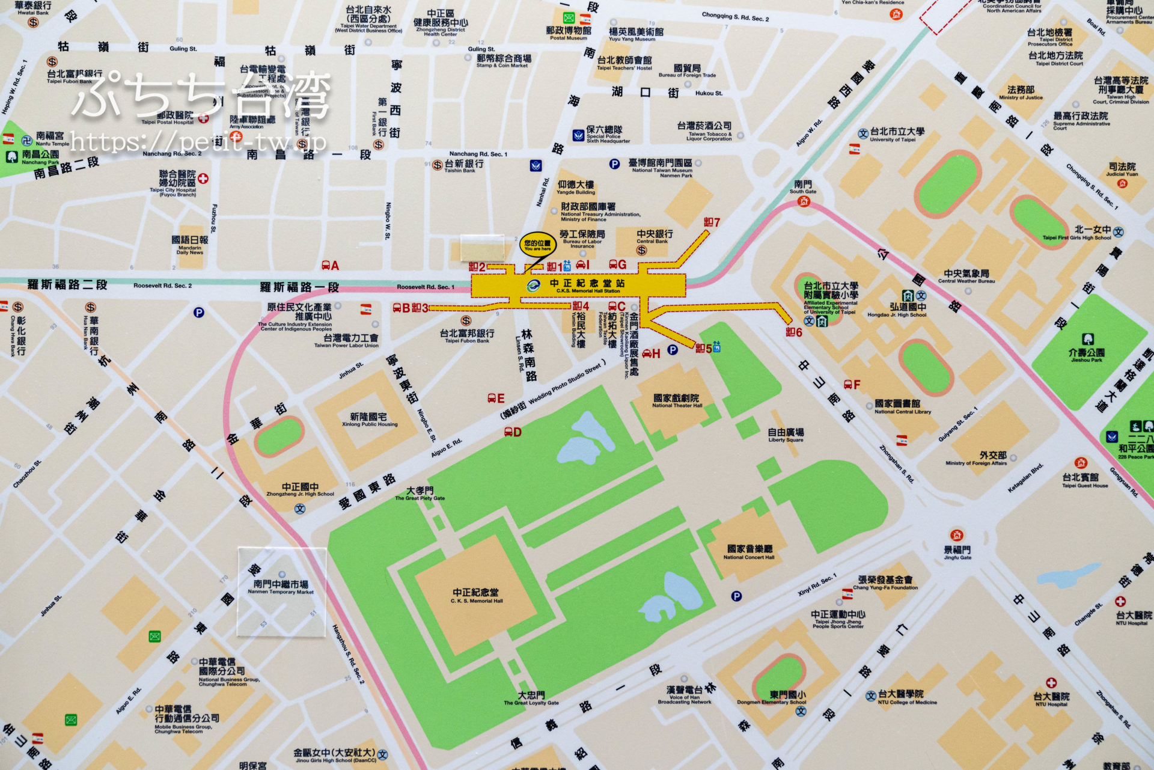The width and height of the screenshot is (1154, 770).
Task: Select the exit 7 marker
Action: pyautogui.click(x=712, y=222)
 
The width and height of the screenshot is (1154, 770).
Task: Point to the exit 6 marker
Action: pyautogui.click(x=794, y=332)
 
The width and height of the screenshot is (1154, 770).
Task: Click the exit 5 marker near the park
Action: pyautogui.click(x=704, y=348)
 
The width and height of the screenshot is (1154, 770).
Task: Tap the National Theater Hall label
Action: pyautogui.click(x=676, y=401)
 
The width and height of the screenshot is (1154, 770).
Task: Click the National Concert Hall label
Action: pyautogui.click(x=749, y=552)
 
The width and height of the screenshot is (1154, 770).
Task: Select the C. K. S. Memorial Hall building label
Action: pyautogui.click(x=476, y=596)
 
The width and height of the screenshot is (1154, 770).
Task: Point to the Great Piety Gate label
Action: pyautogui.click(x=420, y=493)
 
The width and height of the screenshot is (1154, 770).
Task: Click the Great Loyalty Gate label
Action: pyautogui.click(x=531, y=698)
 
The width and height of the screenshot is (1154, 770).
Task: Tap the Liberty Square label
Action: pyautogui.click(x=786, y=435)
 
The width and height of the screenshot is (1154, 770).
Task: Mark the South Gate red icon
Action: pyautogui.click(x=804, y=201)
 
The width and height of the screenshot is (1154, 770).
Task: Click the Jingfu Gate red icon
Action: pyautogui.click(x=957, y=535)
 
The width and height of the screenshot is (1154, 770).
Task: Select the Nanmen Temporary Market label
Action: pyautogui.click(x=281, y=587)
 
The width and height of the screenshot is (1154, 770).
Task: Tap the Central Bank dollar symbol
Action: pyautogui.click(x=641, y=250)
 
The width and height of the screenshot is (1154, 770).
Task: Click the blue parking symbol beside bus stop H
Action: pyautogui.click(x=673, y=350)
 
